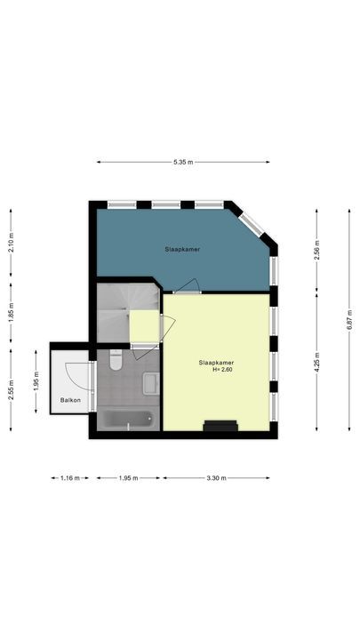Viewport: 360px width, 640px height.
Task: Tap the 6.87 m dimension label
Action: click(348, 319)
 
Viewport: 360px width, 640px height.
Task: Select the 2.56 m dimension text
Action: click(317, 250)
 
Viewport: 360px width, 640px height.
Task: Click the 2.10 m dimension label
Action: click(12, 242)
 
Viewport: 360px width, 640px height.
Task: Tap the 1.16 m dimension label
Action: click(68, 478)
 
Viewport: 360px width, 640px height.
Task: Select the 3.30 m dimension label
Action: click(216, 478)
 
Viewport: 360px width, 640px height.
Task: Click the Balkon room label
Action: click(70, 401)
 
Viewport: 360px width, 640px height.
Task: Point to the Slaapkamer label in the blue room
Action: click(181, 250)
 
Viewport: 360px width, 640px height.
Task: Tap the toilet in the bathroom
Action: click(116, 360)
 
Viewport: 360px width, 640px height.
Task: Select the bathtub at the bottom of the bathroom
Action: click(126, 419)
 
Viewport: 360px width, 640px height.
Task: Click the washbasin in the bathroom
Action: click(150, 384)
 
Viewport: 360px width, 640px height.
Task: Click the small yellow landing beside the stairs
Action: click(145, 325)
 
